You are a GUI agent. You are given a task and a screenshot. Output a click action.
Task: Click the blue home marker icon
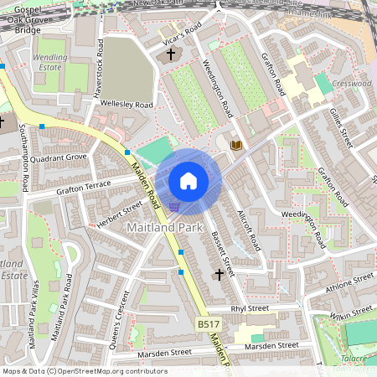point(188,181)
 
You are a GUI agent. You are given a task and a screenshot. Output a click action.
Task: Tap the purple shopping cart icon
point(173,206)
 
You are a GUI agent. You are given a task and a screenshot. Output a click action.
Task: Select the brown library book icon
point(236,145)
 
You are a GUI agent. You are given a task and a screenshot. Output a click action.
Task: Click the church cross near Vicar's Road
point(171,54)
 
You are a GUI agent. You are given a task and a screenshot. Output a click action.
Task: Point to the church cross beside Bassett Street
point(219,274)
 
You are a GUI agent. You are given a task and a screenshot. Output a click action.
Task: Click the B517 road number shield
point(209,323)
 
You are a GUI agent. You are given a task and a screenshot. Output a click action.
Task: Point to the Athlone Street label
point(349,280)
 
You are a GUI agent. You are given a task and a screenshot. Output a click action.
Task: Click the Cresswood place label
point(352,84)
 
